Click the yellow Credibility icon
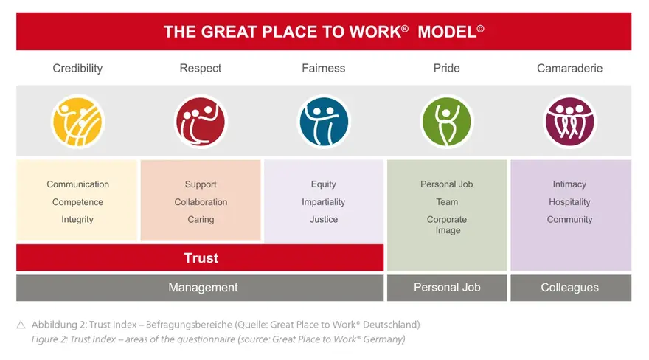tap(78, 122)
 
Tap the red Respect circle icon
tap(201, 122)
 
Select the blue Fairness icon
tap(324, 122)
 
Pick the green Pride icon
tap(447, 122)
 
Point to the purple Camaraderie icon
tap(569, 122)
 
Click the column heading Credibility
tap(77, 69)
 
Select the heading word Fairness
tap(323, 68)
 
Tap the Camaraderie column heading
tap(569, 68)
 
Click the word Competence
tap(78, 202)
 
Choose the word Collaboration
tap(201, 202)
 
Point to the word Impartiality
tap(323, 202)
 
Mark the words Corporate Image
tap(447, 225)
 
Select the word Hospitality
tap(569, 202)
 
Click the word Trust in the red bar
tap(201, 257)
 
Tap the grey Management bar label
tap(203, 287)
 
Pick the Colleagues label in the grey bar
tap(569, 287)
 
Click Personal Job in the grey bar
tap(447, 287)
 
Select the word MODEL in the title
tap(447, 32)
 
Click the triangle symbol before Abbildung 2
tap(21, 325)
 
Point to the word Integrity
tap(77, 220)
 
